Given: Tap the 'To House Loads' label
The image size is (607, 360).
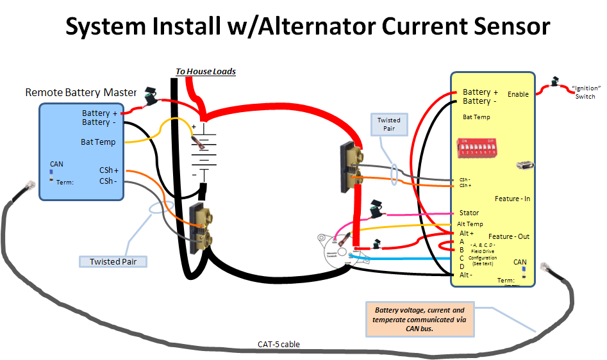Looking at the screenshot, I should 206,71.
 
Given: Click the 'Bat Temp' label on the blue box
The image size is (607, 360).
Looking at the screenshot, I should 98,142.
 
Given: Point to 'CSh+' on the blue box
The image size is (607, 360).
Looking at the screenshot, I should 108,170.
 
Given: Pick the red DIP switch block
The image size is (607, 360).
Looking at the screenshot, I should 478,151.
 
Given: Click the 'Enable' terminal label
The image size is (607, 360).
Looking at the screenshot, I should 518,94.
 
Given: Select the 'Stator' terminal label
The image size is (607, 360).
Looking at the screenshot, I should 469,213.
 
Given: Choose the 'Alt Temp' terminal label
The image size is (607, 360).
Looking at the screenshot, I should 470,224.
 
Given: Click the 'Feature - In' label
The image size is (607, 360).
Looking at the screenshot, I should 512,199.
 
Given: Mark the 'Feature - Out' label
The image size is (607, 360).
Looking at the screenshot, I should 509,236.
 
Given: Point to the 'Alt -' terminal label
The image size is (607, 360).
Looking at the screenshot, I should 467,274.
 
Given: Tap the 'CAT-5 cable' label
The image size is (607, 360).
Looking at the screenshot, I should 279,344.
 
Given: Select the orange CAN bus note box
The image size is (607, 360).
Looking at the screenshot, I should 420,319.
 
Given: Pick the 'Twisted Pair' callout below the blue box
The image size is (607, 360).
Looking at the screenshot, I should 113,261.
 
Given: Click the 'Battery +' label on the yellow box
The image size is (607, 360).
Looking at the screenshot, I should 480,92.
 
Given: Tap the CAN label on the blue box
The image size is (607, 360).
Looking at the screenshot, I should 56,164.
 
